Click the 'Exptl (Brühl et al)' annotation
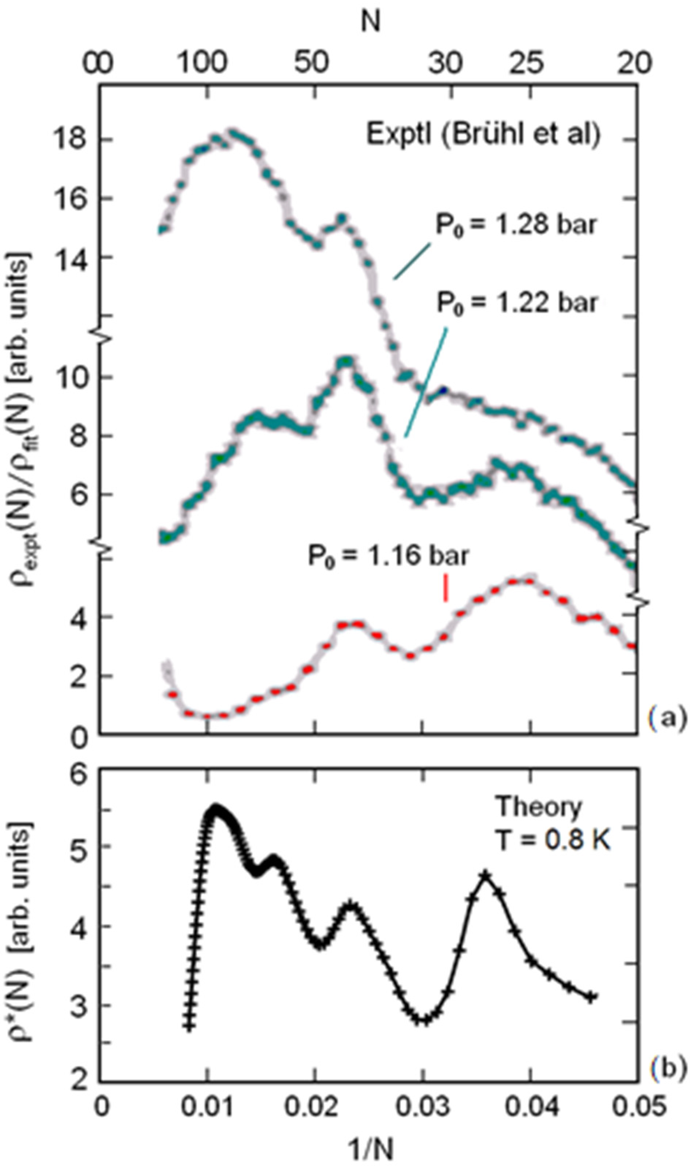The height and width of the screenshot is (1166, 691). click(483, 135)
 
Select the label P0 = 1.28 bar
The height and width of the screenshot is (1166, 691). click(515, 226)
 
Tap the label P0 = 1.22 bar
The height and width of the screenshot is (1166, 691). click(516, 303)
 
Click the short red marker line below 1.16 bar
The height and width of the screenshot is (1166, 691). click(446, 589)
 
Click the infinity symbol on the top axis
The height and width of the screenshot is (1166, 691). click(98, 63)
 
